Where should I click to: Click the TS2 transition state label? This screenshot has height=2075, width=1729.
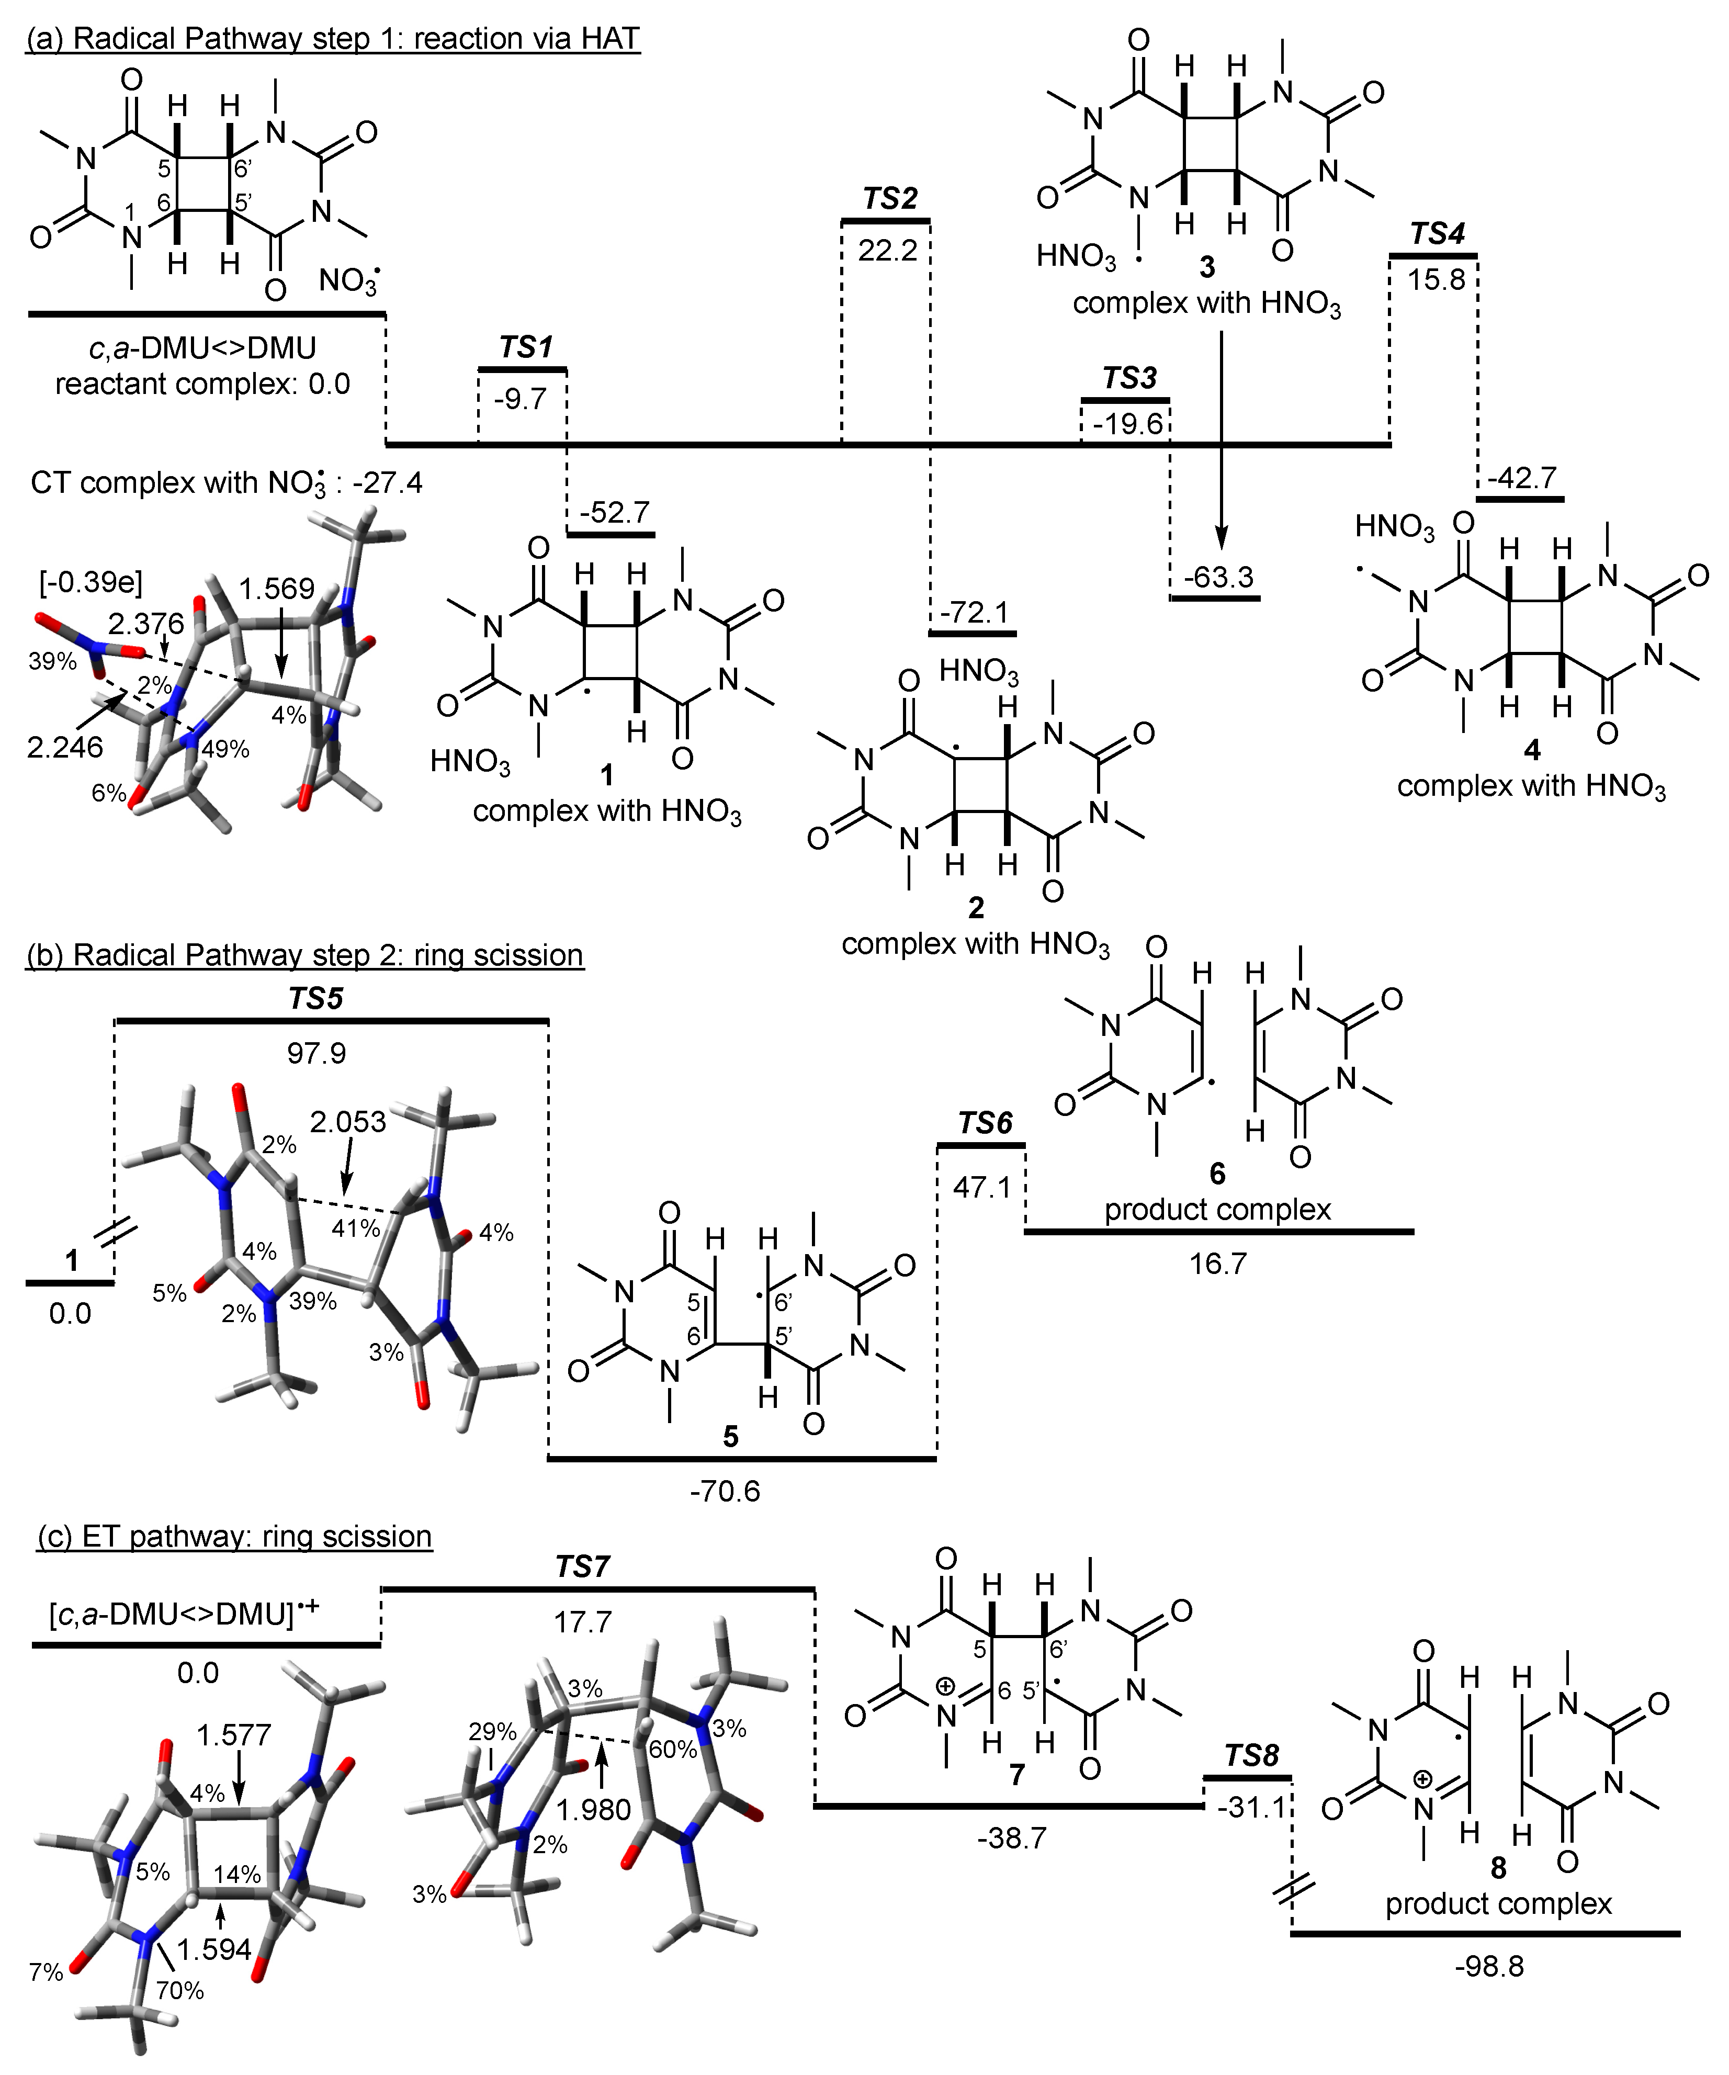[889, 199]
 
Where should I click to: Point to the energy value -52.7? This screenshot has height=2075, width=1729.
[615, 512]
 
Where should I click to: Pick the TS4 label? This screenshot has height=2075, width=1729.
[1437, 234]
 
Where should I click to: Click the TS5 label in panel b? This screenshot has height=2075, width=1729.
[316, 999]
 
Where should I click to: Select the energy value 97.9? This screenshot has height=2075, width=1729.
[316, 1053]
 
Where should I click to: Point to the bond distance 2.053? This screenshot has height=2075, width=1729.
[348, 1122]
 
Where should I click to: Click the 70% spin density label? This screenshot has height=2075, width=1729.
[180, 1990]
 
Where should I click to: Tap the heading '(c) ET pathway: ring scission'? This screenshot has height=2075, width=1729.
[234, 1537]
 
